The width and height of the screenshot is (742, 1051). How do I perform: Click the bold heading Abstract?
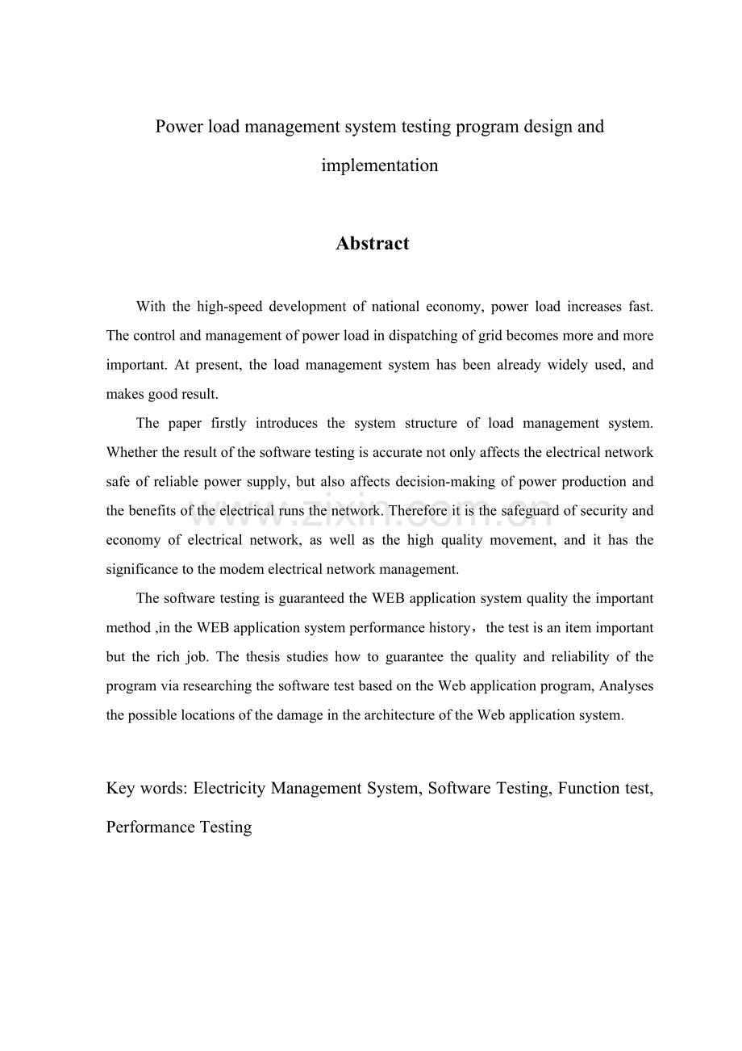(372, 244)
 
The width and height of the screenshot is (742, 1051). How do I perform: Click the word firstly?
(227, 423)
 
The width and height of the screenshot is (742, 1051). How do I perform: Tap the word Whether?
(131, 452)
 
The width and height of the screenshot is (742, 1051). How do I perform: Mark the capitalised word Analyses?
(625, 685)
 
